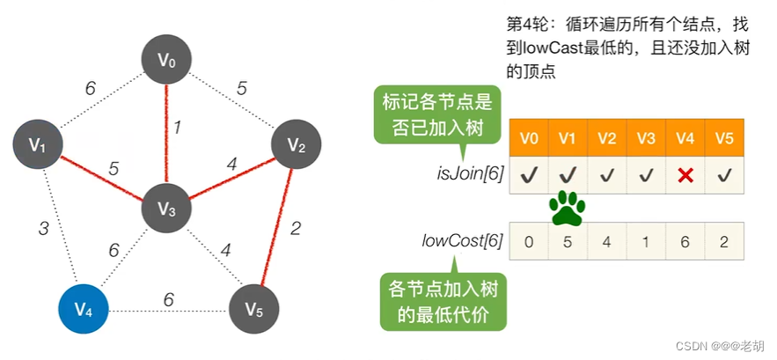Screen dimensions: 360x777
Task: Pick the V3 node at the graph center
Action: (167, 209)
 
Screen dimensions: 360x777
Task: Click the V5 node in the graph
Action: (253, 310)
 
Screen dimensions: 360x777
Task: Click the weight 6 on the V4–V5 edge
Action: (168, 299)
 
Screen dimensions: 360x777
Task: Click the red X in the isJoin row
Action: (685, 175)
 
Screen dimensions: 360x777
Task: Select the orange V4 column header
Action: (685, 138)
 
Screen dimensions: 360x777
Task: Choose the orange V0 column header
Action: (529, 138)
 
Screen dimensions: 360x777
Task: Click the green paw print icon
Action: (568, 209)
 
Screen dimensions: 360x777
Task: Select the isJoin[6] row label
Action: (472, 174)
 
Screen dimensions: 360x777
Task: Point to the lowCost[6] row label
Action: (467, 240)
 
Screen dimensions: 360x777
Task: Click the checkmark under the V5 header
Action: (724, 175)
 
